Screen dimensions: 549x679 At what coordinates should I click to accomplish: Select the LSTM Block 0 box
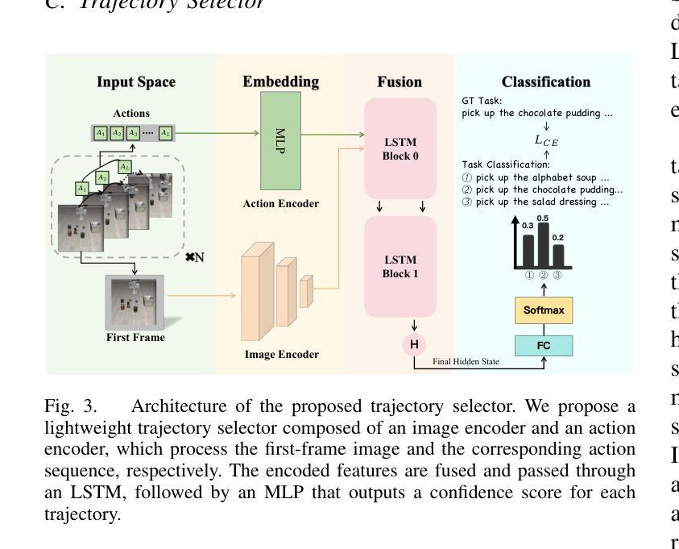(x=400, y=148)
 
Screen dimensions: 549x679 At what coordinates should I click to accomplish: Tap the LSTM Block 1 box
(x=400, y=266)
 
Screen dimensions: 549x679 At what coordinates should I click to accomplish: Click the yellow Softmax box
(x=544, y=310)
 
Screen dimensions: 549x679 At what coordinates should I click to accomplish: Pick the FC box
(x=544, y=346)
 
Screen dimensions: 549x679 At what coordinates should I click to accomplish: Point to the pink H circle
(x=414, y=345)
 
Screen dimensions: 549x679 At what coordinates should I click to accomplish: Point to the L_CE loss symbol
(x=546, y=140)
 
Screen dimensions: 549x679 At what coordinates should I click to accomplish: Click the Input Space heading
(x=136, y=82)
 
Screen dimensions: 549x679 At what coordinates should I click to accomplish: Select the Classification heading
(x=545, y=82)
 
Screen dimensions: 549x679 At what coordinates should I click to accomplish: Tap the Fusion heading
(x=400, y=82)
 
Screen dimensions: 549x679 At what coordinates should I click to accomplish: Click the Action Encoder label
(x=280, y=204)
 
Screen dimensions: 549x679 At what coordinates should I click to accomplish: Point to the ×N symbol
(x=194, y=257)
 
